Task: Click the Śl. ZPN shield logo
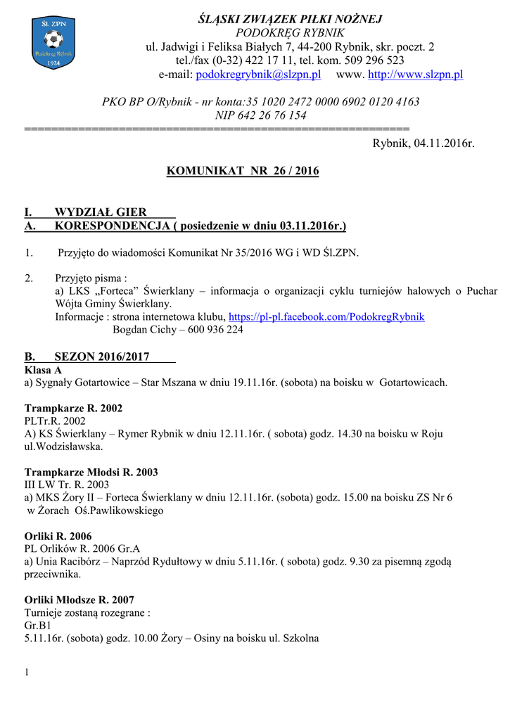click(x=53, y=43)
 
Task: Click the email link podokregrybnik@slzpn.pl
click(x=258, y=74)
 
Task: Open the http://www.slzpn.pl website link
click(x=416, y=74)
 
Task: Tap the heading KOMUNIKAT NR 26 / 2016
click(x=243, y=171)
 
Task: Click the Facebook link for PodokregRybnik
click(x=326, y=316)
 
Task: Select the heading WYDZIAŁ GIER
click(x=101, y=212)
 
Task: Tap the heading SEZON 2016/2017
click(x=102, y=356)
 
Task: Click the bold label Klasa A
click(x=43, y=370)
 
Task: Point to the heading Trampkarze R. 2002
click(x=73, y=409)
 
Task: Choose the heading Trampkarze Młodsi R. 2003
click(x=91, y=472)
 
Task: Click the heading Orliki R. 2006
click(x=58, y=536)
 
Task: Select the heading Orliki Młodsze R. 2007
click(x=79, y=600)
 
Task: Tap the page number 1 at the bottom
click(x=27, y=673)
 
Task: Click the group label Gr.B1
click(x=37, y=625)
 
